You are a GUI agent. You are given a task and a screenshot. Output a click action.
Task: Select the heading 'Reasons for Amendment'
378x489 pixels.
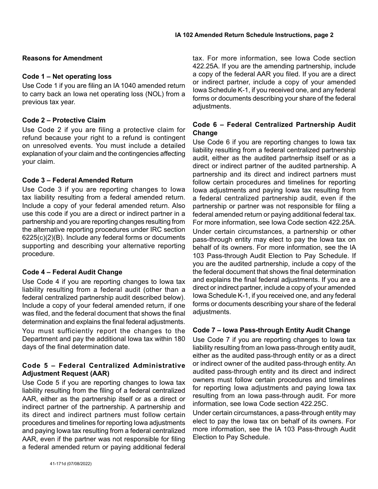[62, 58]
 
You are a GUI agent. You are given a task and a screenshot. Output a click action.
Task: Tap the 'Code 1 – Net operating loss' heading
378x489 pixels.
[67, 76]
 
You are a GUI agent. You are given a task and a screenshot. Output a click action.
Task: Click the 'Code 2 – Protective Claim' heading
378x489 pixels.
[64, 120]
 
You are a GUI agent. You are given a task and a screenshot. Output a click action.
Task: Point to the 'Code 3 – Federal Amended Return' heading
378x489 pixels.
[78, 180]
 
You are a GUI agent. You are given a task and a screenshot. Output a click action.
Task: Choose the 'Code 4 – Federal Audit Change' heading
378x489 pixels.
[72, 272]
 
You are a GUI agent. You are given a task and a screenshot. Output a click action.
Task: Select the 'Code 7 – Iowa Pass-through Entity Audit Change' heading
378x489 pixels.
[271, 330]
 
